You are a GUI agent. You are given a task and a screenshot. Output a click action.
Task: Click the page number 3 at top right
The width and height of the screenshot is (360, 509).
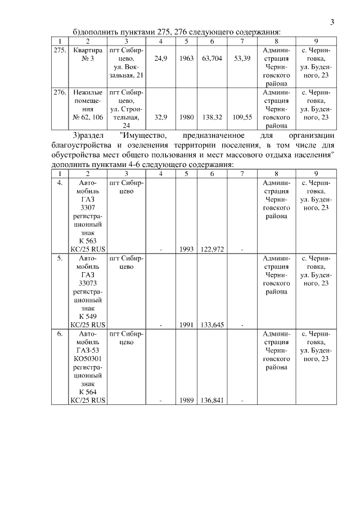(x=332, y=22)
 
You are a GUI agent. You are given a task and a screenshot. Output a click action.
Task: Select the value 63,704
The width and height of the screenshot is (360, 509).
(x=211, y=58)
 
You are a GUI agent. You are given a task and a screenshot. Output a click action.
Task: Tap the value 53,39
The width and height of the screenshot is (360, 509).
(x=242, y=58)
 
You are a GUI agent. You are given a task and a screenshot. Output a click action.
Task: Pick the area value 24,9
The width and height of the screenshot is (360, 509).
(x=161, y=58)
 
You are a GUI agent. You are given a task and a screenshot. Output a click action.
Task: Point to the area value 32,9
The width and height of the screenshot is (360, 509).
(x=161, y=118)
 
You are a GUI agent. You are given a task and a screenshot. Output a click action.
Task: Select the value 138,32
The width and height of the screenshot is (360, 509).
(x=211, y=118)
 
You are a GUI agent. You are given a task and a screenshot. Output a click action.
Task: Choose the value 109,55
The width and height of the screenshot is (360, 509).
(x=242, y=118)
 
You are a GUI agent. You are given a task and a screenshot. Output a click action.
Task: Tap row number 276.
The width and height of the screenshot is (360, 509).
(x=60, y=91)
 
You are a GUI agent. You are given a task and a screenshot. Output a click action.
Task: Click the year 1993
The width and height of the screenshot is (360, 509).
(x=186, y=249)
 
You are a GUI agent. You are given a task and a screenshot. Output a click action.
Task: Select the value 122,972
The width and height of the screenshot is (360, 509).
(x=211, y=249)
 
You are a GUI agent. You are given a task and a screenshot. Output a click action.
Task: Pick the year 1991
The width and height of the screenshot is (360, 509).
(x=186, y=325)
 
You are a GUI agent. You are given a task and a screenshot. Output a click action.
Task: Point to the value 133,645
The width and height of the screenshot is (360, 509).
(x=211, y=325)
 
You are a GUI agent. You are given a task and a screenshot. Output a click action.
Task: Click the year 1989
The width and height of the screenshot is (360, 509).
(x=186, y=400)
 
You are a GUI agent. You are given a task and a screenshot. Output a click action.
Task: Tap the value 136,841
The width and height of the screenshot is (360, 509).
(x=211, y=400)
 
